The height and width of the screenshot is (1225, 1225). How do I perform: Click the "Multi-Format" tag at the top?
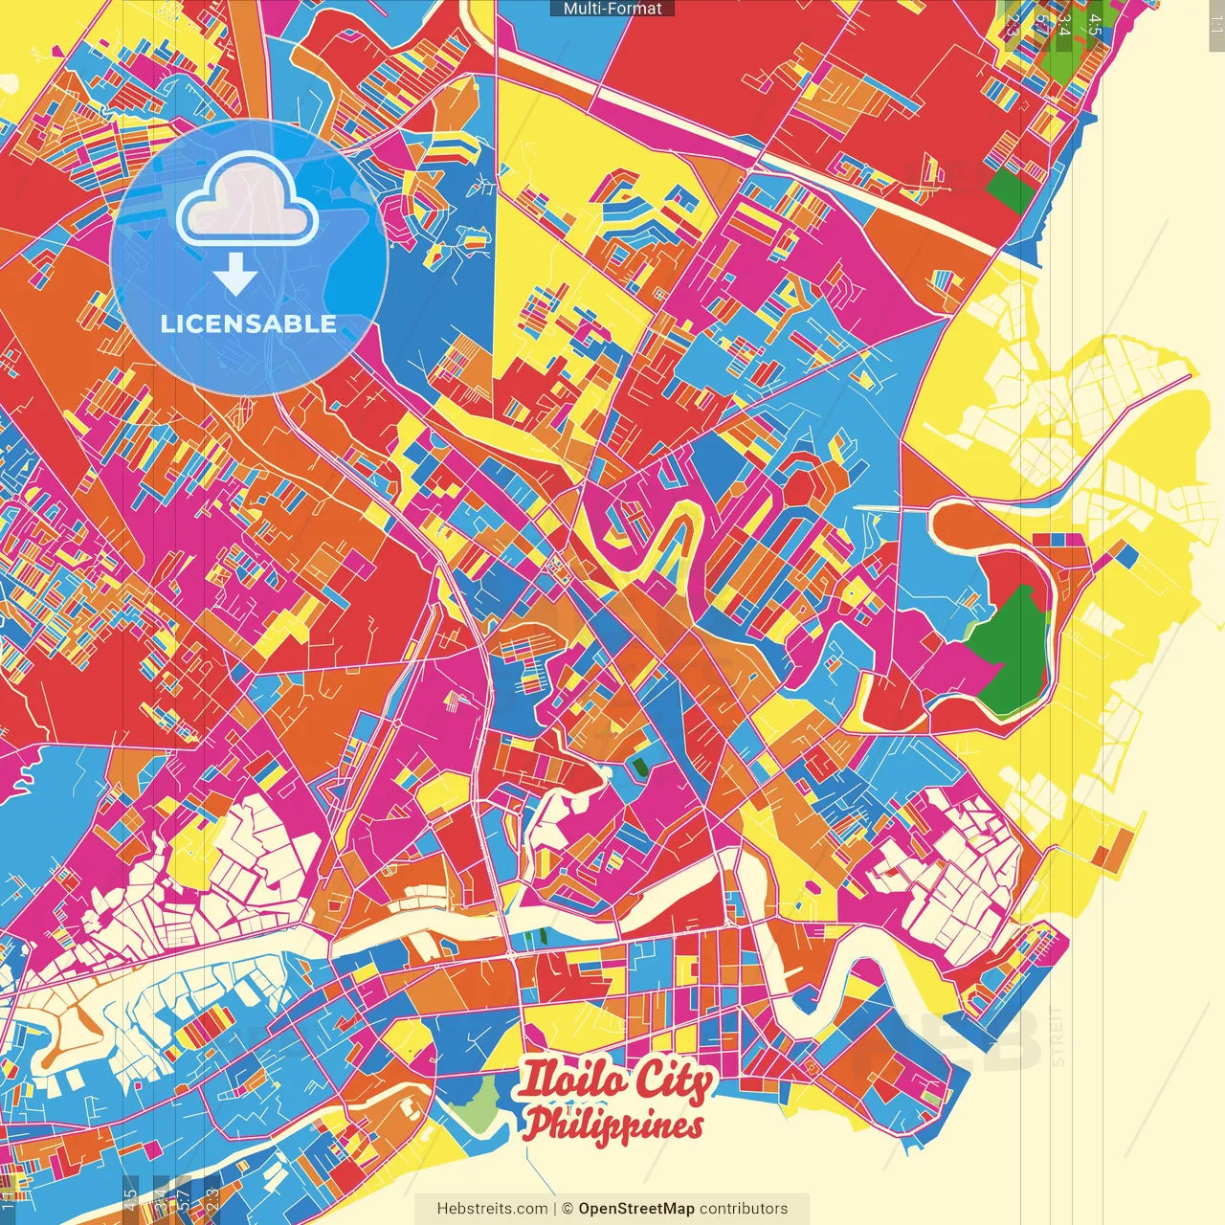click(x=612, y=9)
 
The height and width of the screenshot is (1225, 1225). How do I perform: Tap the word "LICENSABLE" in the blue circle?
click(x=248, y=323)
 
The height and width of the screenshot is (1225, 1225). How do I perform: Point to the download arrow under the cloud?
click(x=234, y=275)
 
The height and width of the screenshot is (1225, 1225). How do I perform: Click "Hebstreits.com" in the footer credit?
click(x=492, y=1209)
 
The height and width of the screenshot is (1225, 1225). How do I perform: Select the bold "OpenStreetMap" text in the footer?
click(x=635, y=1209)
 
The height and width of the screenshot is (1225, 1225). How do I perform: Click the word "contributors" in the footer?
click(x=744, y=1209)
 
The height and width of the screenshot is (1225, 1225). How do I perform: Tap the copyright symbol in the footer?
click(x=567, y=1209)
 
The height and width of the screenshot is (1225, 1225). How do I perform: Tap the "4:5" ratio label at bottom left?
click(x=130, y=1198)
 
